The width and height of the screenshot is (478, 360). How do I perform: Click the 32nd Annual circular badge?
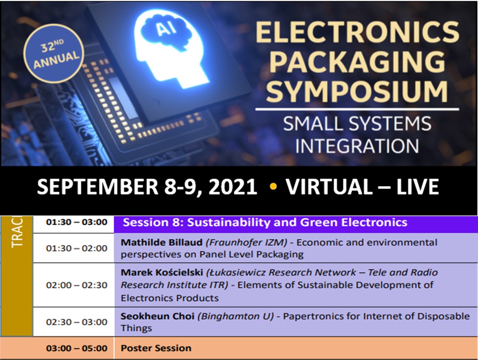click(53, 53)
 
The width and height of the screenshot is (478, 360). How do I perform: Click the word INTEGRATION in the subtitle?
click(357, 146)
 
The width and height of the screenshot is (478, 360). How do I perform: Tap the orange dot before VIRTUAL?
click(273, 186)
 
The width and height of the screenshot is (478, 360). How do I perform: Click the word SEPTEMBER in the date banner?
click(98, 187)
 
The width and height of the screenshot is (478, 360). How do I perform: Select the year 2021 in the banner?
click(232, 187)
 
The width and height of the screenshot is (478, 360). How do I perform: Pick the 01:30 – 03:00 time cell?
click(76, 222)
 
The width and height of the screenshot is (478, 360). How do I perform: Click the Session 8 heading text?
click(265, 222)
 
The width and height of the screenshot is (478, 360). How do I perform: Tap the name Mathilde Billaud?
click(162, 243)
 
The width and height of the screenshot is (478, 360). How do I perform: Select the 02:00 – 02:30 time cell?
click(76, 285)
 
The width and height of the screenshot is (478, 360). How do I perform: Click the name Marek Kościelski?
click(162, 272)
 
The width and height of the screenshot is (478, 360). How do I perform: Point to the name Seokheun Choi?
click(157, 316)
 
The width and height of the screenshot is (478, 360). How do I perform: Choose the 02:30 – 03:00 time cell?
click(76, 322)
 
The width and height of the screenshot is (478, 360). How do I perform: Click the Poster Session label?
click(156, 348)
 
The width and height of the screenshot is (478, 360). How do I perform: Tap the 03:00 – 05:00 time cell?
click(76, 348)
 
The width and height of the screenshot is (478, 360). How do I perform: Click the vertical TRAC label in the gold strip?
click(17, 232)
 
